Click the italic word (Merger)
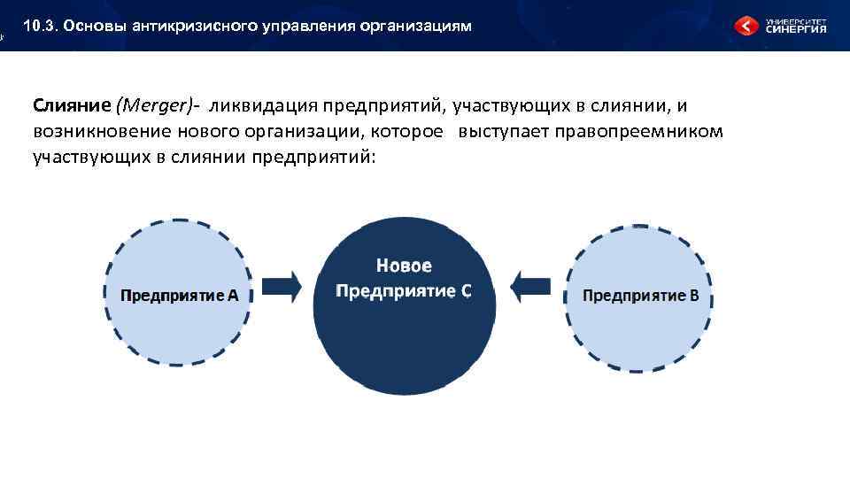155,106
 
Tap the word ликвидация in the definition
261,106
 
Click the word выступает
504,132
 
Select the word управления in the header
307,27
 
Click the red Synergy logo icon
746,27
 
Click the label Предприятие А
180,296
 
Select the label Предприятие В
640,296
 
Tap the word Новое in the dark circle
404,266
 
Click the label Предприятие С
404,291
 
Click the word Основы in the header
97,27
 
